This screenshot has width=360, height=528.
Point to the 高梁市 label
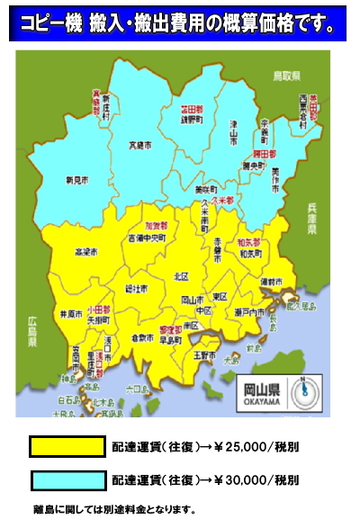pyautogui.click(x=85, y=252)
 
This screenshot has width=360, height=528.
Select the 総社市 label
pyautogui.click(x=136, y=289)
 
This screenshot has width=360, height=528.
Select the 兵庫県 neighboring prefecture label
pyautogui.click(x=314, y=218)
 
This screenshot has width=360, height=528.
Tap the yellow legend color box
pyautogui.click(x=67, y=445)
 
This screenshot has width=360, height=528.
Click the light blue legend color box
pyautogui.click(x=67, y=479)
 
